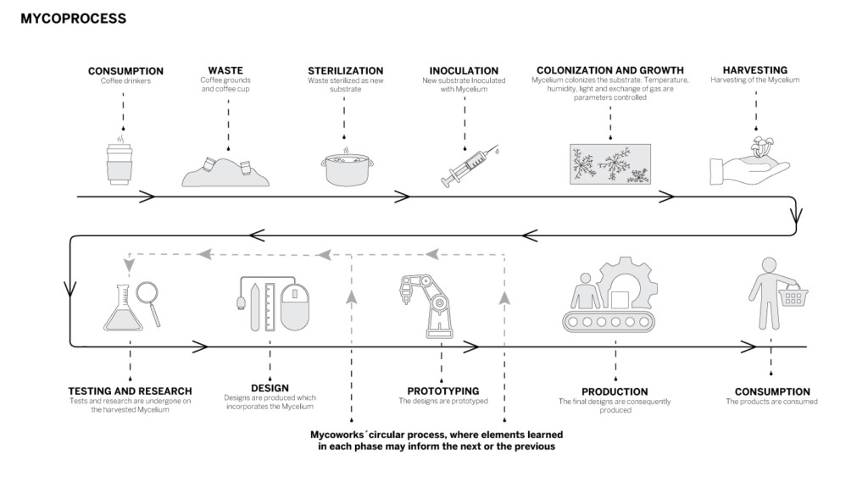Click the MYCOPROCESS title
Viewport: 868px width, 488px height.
click(73, 18)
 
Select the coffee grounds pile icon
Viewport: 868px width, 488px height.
click(225, 172)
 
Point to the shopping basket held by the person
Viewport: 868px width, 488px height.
click(793, 296)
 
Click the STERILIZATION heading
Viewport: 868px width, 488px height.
click(345, 70)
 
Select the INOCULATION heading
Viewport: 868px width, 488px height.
click(464, 70)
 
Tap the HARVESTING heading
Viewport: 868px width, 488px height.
click(754, 70)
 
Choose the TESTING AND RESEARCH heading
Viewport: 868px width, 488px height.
click(130, 391)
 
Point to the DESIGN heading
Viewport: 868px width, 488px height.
click(269, 388)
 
